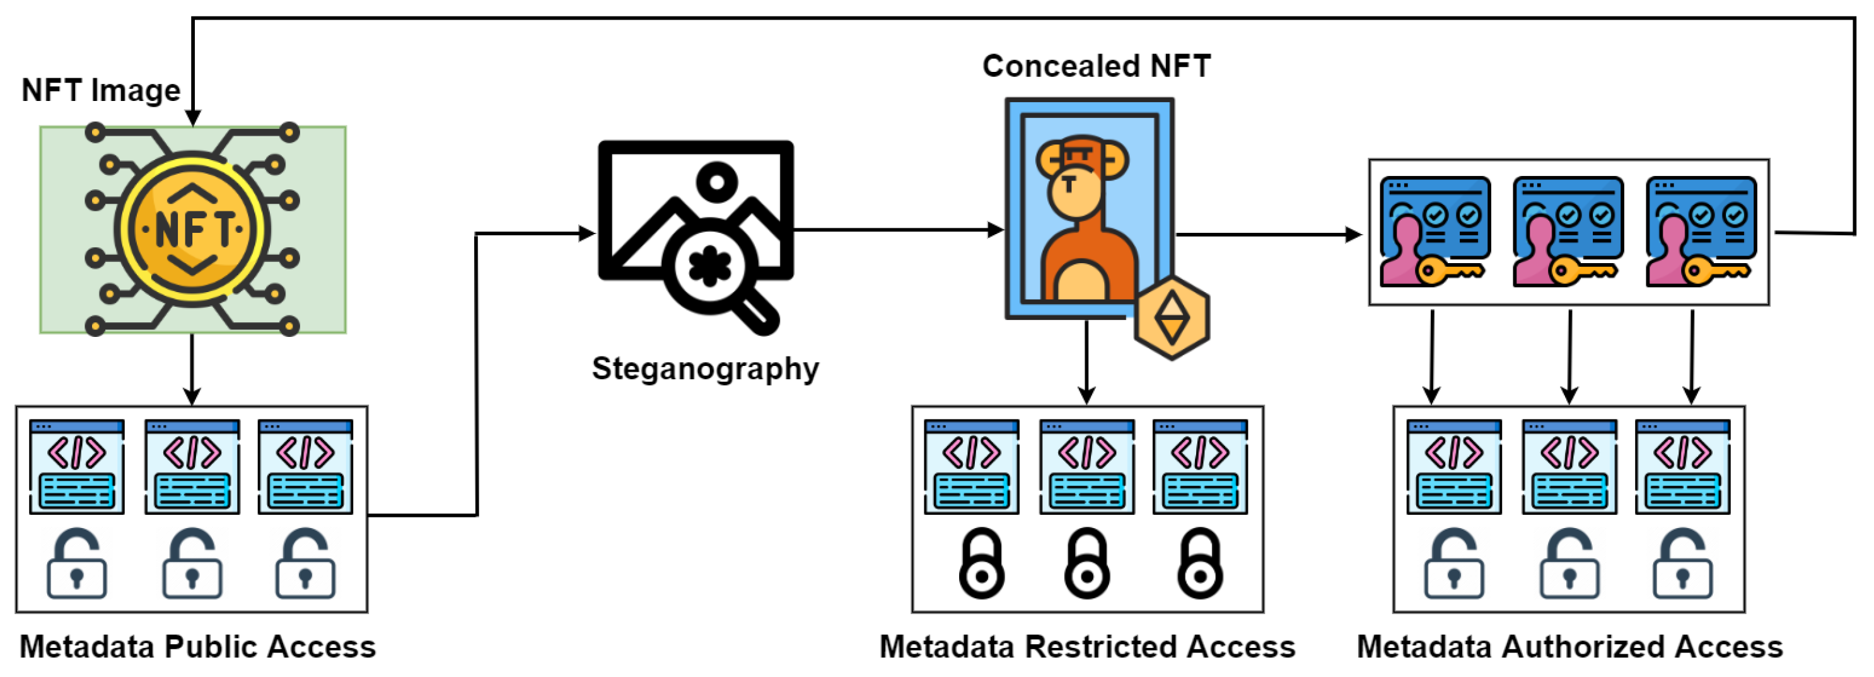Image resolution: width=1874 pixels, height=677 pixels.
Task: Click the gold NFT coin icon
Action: [192, 228]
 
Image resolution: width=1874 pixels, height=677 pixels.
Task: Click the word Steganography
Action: [705, 368]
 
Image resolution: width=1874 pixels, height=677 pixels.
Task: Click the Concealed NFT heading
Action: [1096, 66]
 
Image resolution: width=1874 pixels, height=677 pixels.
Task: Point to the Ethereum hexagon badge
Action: [1172, 317]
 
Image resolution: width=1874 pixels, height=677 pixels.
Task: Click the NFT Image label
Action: [100, 90]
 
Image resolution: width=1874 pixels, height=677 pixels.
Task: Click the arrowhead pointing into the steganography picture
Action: [587, 233]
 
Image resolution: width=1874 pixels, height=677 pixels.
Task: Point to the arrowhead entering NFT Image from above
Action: [192, 117]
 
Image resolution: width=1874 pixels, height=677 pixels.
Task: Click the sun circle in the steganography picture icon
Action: [716, 181]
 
